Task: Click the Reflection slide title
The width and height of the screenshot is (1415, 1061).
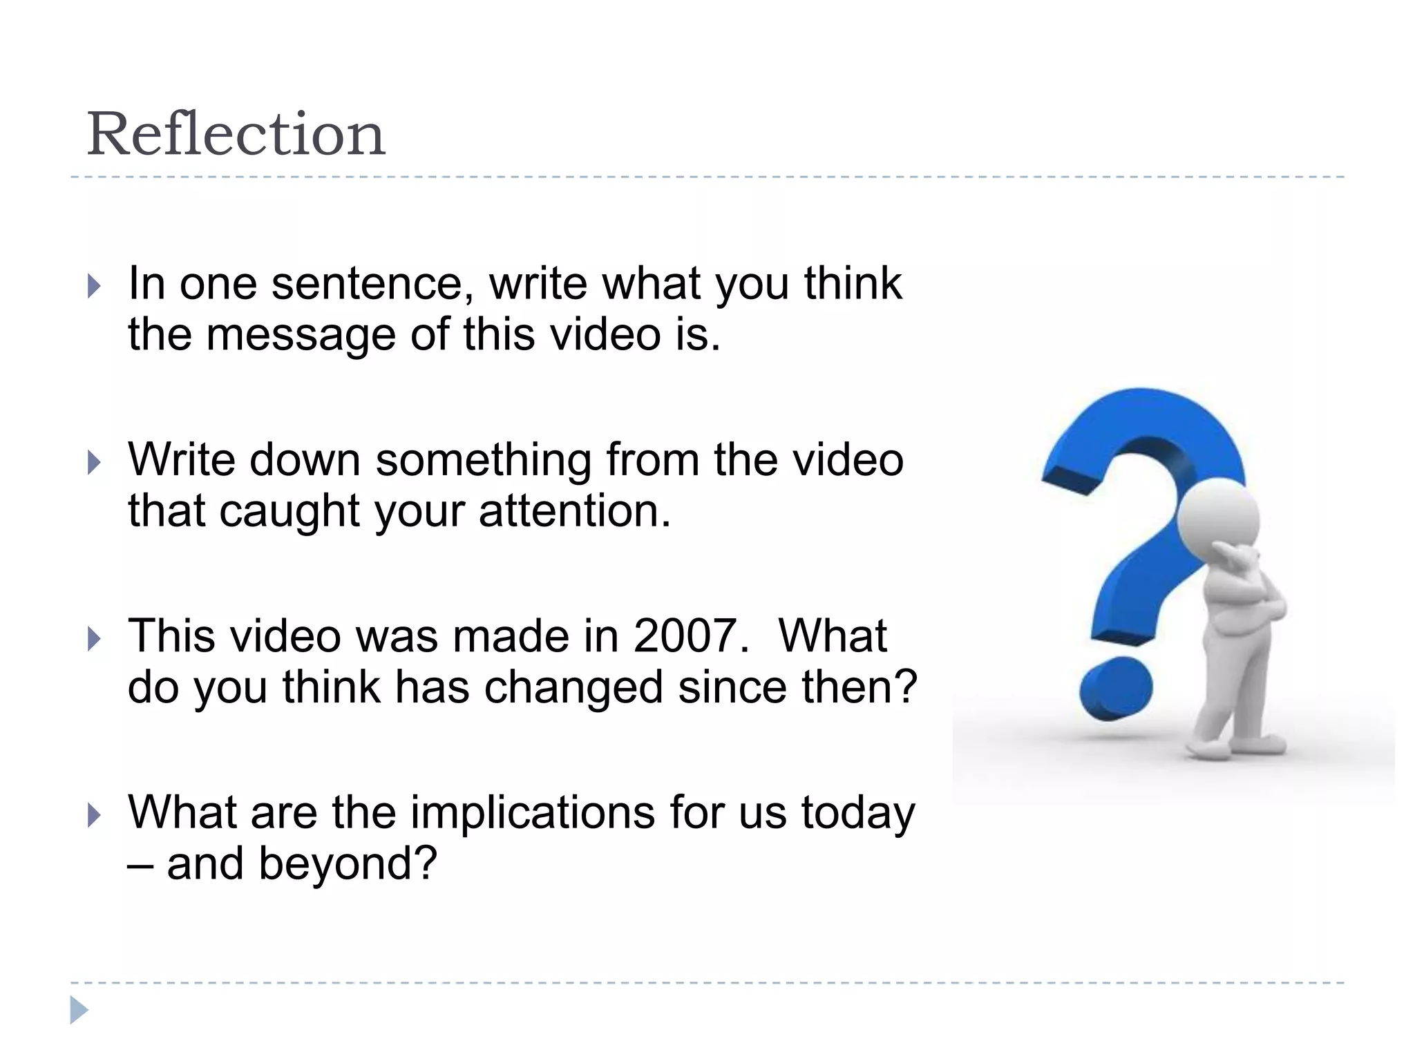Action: (x=236, y=134)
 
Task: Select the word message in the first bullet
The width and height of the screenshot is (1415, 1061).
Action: (x=303, y=334)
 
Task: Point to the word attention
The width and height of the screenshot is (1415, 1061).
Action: (x=574, y=511)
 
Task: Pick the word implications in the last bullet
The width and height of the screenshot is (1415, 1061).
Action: (x=533, y=812)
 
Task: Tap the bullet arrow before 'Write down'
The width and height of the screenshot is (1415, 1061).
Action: (x=95, y=462)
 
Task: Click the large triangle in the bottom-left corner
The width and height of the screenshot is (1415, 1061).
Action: (x=79, y=1010)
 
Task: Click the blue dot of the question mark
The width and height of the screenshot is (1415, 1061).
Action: (x=1115, y=687)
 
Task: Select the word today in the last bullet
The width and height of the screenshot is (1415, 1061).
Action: (x=858, y=812)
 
